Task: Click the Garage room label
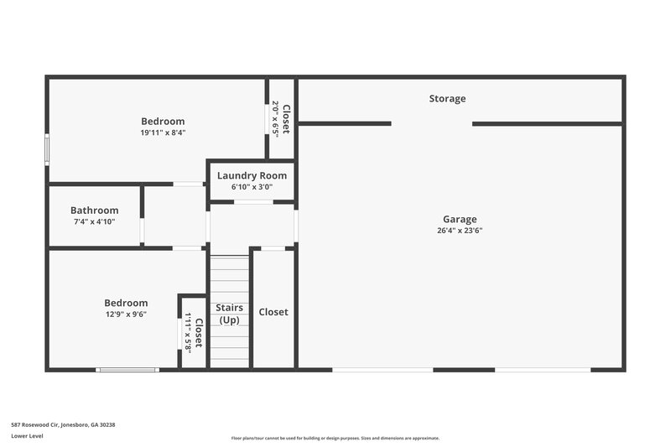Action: (460, 219)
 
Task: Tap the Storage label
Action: (447, 99)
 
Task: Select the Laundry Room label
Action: (252, 175)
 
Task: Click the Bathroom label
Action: (94, 211)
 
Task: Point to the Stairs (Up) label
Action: (230, 314)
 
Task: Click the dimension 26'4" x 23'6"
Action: (460, 231)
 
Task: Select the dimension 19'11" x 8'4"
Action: (163, 133)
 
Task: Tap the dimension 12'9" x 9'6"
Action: (126, 314)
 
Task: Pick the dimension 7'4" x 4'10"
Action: (94, 221)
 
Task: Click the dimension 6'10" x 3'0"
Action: (252, 187)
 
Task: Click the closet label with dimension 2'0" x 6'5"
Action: (286, 118)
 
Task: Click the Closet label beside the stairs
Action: (273, 312)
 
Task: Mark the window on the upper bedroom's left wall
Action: (47, 149)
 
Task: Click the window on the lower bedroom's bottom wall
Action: (127, 369)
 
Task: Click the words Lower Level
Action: (27, 437)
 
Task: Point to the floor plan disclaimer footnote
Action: (335, 438)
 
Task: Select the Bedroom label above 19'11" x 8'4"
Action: (163, 122)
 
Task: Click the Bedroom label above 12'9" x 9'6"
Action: (126, 303)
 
